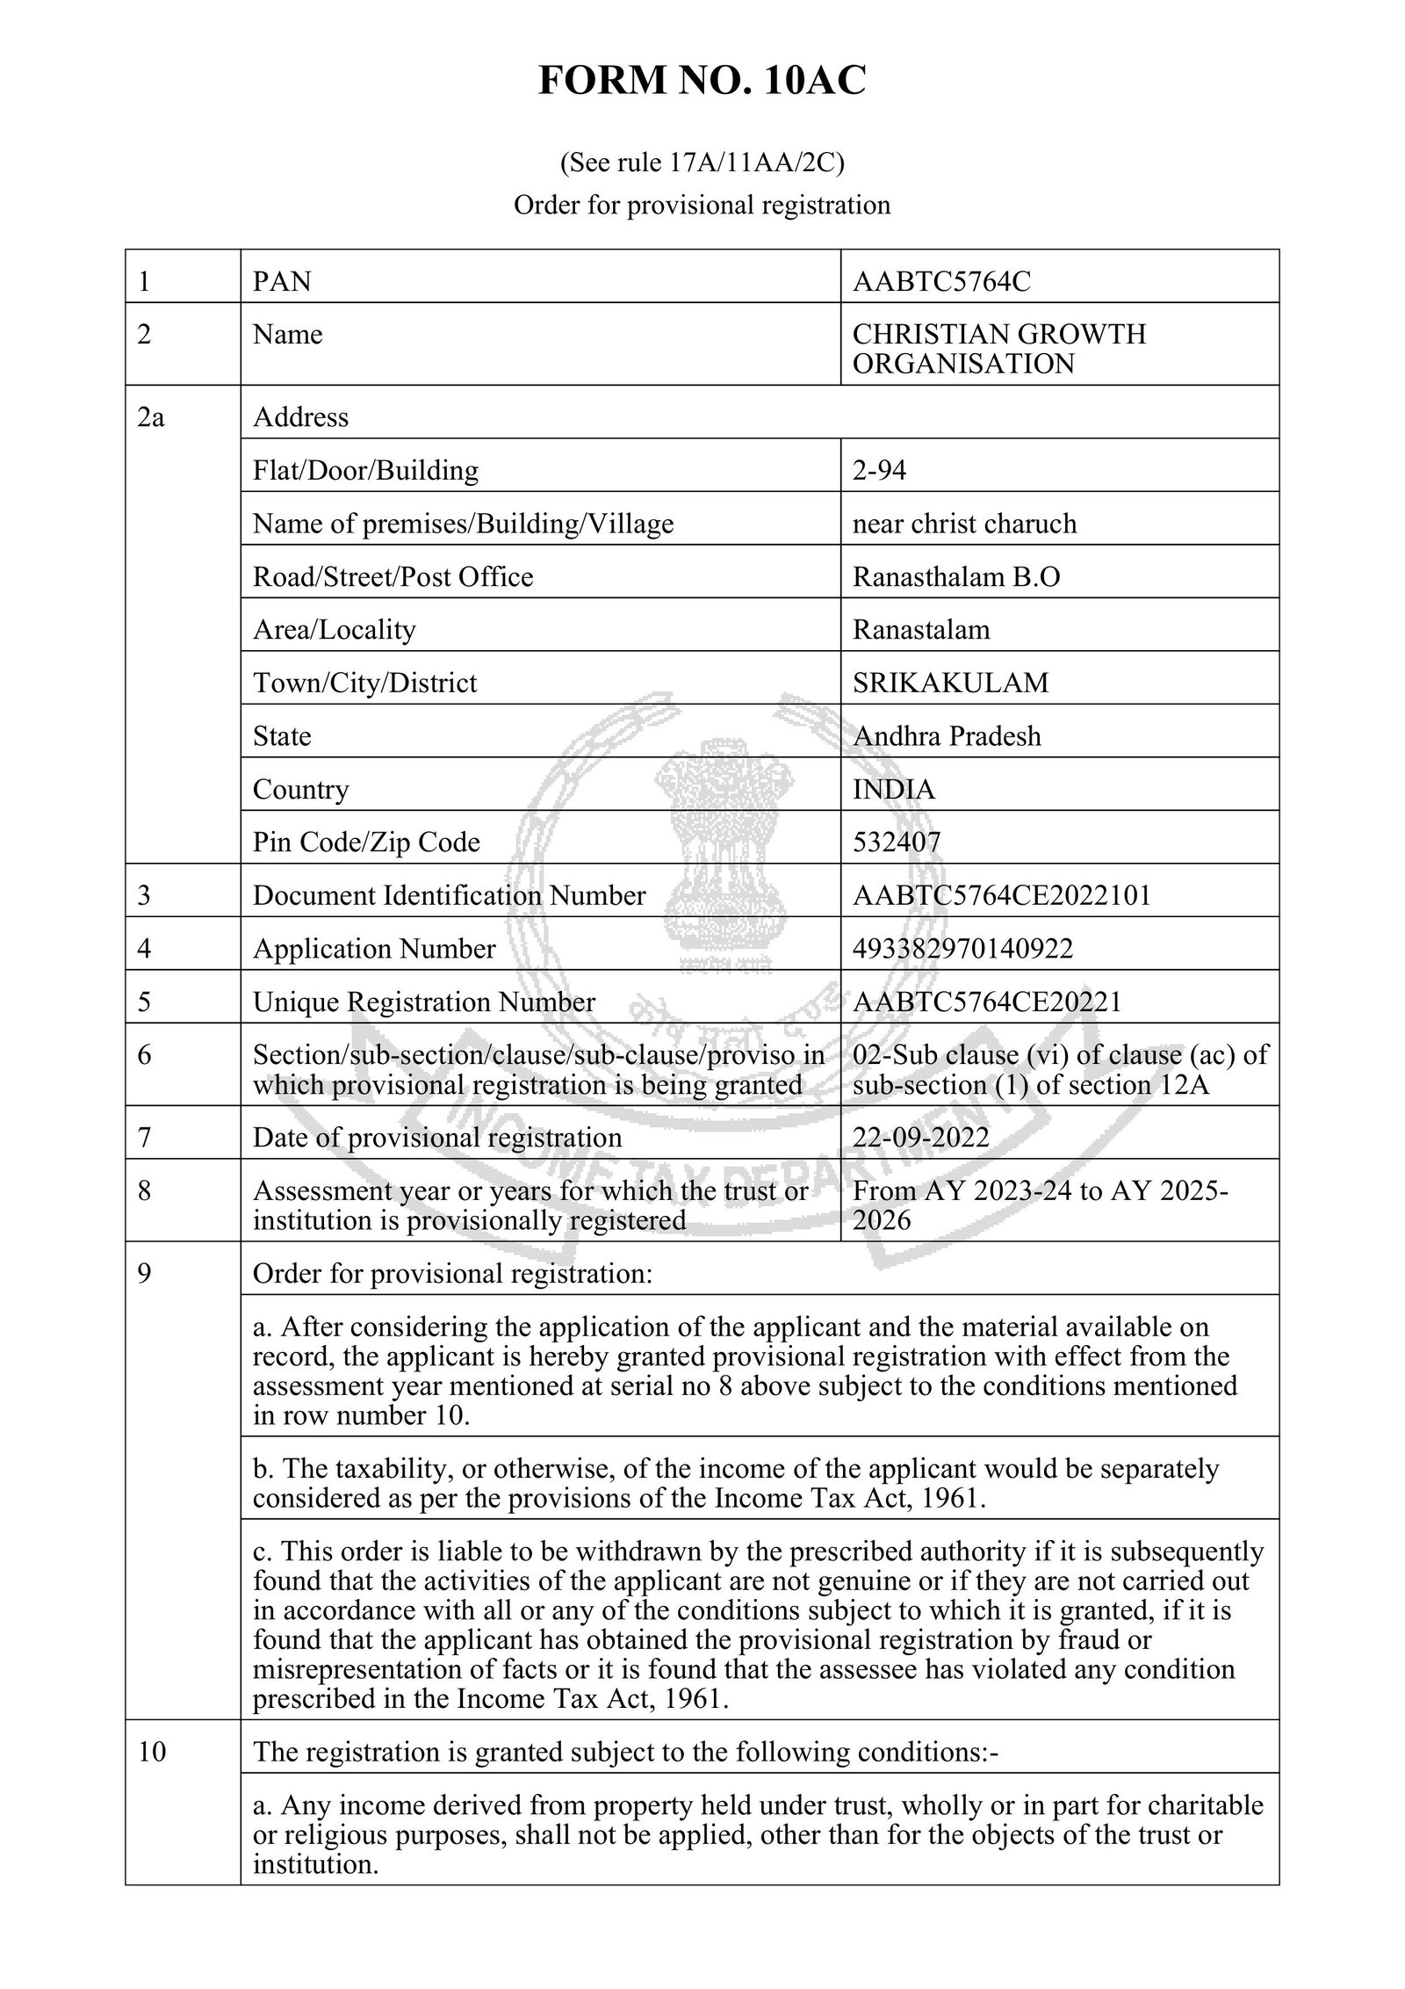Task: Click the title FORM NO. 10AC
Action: pyautogui.click(x=702, y=82)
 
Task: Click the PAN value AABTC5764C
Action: pyautogui.click(x=941, y=281)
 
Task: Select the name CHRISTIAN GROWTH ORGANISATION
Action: pyautogui.click(x=998, y=349)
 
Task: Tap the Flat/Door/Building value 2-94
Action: pyautogui.click(x=879, y=470)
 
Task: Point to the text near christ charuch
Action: pyautogui.click(x=963, y=524)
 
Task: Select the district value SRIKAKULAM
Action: pyautogui.click(x=950, y=683)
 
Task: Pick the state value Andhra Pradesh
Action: pyautogui.click(x=947, y=735)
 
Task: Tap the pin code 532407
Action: pyautogui.click(x=896, y=842)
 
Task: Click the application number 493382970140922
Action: pyautogui.click(x=962, y=949)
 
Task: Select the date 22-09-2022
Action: pyautogui.click(x=920, y=1138)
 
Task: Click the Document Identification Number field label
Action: pyautogui.click(x=449, y=895)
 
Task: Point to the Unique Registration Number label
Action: pyautogui.click(x=423, y=1002)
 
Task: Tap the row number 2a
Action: pyautogui.click(x=150, y=417)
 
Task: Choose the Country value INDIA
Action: pyautogui.click(x=893, y=789)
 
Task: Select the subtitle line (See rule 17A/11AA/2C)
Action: pyautogui.click(x=702, y=163)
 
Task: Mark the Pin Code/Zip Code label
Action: pyautogui.click(x=366, y=842)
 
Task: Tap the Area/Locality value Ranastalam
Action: pyautogui.click(x=920, y=630)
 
